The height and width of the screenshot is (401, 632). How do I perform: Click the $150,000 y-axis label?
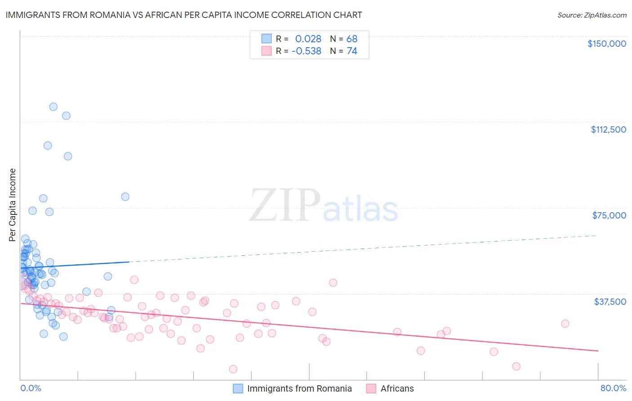(606, 44)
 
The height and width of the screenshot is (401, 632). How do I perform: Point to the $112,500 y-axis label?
(608, 129)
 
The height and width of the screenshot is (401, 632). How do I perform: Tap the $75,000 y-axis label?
(609, 215)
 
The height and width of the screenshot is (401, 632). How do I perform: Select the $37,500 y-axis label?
(610, 302)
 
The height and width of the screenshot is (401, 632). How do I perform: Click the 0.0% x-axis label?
(31, 388)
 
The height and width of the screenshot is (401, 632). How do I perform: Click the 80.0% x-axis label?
(613, 388)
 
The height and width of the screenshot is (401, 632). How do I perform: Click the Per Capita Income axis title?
(13, 205)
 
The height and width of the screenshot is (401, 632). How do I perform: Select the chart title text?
(183, 15)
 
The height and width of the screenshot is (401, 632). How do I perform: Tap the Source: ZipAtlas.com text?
(592, 15)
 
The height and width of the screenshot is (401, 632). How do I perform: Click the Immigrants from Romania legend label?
(299, 388)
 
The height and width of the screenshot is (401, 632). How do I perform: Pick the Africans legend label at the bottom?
(397, 388)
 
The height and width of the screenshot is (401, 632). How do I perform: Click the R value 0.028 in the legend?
(308, 39)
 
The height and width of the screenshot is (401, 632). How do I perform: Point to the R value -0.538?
(306, 51)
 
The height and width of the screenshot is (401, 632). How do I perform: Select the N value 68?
(352, 39)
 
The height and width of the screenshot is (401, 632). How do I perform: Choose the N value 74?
(352, 51)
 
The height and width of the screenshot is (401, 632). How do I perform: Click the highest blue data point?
(53, 107)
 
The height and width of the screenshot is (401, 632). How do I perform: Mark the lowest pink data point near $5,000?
(233, 369)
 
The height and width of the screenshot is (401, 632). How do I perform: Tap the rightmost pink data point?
(565, 324)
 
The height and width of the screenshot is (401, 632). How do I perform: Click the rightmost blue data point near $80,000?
(125, 196)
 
